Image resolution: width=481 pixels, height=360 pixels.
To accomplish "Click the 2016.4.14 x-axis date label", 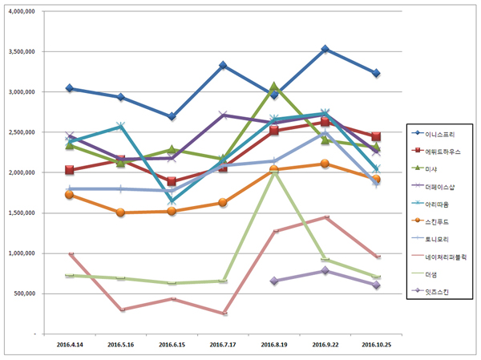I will (x=71, y=343).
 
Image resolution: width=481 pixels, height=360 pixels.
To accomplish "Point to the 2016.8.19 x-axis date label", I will (x=273, y=343).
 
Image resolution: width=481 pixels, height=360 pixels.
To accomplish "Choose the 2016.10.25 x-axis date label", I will (x=377, y=343).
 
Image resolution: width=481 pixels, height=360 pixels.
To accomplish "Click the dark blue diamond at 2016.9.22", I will (x=325, y=50).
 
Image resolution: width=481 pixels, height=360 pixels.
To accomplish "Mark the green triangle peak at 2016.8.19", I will (x=274, y=87).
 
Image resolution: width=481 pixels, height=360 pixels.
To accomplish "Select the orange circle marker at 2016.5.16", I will (x=121, y=212).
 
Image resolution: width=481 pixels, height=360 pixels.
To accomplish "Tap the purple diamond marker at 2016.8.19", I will (x=274, y=281).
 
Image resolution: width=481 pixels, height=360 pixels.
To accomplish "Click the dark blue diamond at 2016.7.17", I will (x=223, y=66).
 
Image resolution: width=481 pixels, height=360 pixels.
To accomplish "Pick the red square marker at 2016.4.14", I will (x=71, y=170).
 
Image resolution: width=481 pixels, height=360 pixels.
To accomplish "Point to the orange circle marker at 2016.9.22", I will (x=325, y=164).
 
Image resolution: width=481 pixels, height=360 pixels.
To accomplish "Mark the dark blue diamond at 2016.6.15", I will (x=172, y=116).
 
